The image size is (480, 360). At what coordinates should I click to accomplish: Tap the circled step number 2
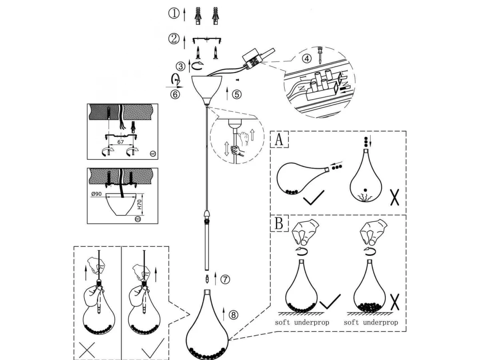(174, 39)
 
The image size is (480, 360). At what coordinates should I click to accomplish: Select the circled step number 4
(306, 58)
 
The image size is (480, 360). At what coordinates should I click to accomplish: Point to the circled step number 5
(237, 94)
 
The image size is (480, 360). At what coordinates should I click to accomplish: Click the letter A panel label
(279, 140)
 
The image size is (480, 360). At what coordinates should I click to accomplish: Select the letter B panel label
(279, 224)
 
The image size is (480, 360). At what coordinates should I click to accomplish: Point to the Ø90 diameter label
(98, 194)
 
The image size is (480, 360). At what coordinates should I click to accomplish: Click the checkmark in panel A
(314, 198)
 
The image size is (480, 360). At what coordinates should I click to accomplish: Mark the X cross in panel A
(394, 197)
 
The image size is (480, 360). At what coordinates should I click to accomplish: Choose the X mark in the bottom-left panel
(87, 350)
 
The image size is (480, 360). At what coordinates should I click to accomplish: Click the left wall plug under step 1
(198, 16)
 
